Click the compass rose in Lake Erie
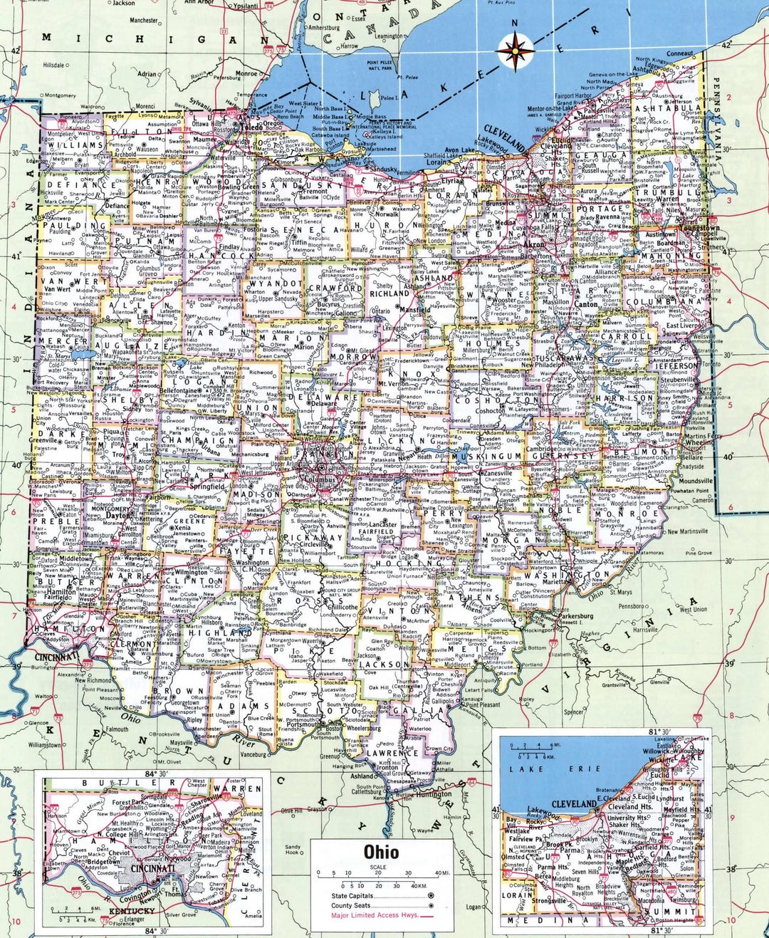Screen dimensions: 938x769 [516, 50]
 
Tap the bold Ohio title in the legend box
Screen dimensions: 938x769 [381, 852]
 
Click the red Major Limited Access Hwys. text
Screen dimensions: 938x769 [370, 915]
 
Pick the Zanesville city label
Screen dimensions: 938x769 [496, 472]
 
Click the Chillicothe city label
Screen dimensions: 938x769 [342, 608]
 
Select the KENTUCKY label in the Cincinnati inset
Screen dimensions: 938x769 [132, 911]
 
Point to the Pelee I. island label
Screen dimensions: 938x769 [389, 98]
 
